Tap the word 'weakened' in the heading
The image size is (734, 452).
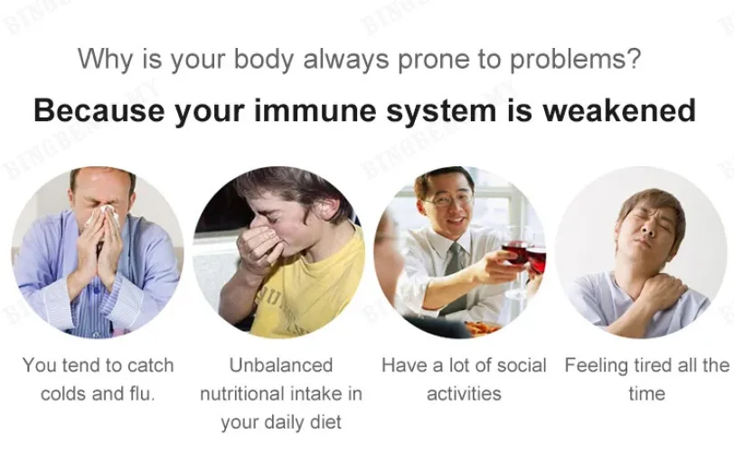click(x=619, y=111)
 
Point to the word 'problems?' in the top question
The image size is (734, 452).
click(x=575, y=60)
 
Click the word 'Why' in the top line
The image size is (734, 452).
click(x=107, y=60)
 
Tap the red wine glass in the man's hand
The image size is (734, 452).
click(x=515, y=255)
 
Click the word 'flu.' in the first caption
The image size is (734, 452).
click(x=142, y=393)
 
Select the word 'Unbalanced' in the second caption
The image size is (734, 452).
click(x=281, y=365)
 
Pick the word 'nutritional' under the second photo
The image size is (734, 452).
click(x=248, y=393)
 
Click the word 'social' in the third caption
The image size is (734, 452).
click(x=522, y=365)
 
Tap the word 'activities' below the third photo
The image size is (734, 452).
click(x=464, y=393)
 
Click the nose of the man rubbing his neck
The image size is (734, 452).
click(x=648, y=228)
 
